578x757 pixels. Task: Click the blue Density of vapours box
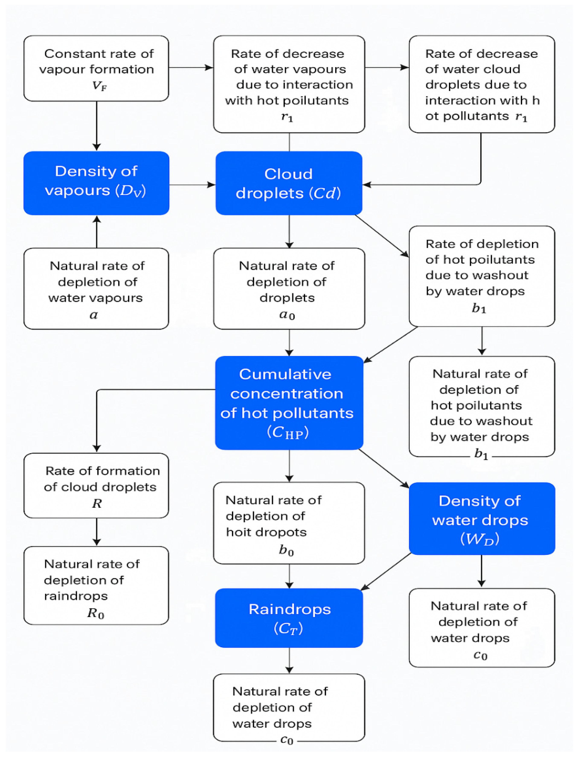point(96,183)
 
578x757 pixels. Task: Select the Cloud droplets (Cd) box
point(289,183)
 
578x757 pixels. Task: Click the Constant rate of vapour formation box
point(96,68)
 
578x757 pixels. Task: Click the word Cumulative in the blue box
point(285,374)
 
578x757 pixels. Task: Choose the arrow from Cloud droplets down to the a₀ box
point(289,232)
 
